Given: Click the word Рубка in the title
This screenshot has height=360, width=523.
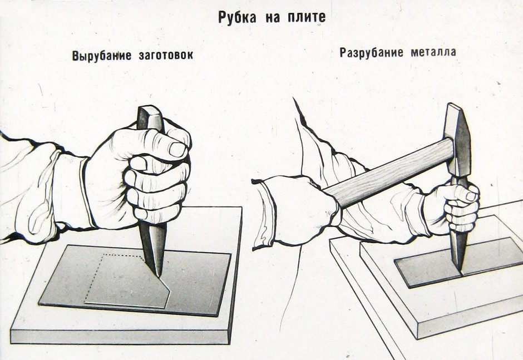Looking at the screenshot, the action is (238, 17).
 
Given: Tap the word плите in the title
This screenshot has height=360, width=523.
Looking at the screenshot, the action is (307, 17).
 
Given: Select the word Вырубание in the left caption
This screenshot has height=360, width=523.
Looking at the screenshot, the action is (102, 55).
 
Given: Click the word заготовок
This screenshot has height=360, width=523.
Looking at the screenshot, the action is (166, 55).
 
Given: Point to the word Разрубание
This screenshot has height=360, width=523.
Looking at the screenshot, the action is (372, 52).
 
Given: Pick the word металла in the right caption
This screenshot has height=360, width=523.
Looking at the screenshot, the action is (433, 52).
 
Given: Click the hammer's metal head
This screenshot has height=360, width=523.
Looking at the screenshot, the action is (457, 140).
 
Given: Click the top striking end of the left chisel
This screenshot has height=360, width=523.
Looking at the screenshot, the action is (150, 110).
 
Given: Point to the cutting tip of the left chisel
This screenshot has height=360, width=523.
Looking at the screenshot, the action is (159, 275).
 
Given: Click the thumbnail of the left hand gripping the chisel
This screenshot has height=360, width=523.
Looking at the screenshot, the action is (177, 149).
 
